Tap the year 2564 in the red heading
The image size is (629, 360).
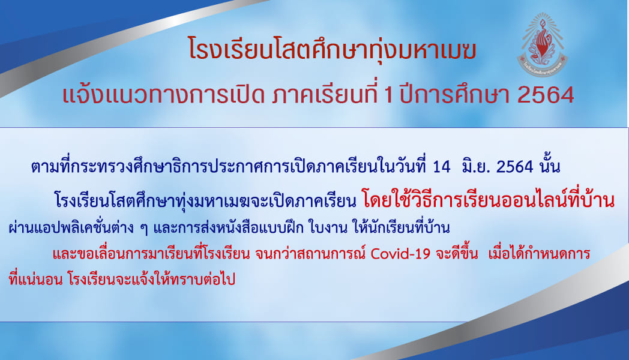pos(546,95)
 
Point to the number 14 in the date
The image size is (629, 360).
pos(442,167)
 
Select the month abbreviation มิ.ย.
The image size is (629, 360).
pos(477,166)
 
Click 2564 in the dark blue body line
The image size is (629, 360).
pos(515,167)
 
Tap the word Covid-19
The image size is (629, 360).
pos(400,254)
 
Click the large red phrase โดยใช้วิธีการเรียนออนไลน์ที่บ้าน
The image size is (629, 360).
pos(488,200)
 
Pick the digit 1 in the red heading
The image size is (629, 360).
pos(388,95)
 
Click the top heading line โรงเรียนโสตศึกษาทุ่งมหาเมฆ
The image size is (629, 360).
pos(332,50)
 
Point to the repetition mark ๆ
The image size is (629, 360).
pos(145,229)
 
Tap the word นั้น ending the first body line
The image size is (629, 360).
pos(550,166)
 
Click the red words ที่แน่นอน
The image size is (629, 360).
pos(35,279)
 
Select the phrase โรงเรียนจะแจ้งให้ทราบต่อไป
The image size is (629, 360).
pos(151,279)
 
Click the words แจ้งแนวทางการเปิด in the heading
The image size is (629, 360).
pos(163,95)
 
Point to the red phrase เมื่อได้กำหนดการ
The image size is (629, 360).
pos(539,253)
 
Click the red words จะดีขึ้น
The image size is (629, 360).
pos(457,253)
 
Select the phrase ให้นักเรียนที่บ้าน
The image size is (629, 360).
pos(401,227)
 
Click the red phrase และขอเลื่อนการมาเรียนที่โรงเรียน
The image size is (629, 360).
pos(151,253)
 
